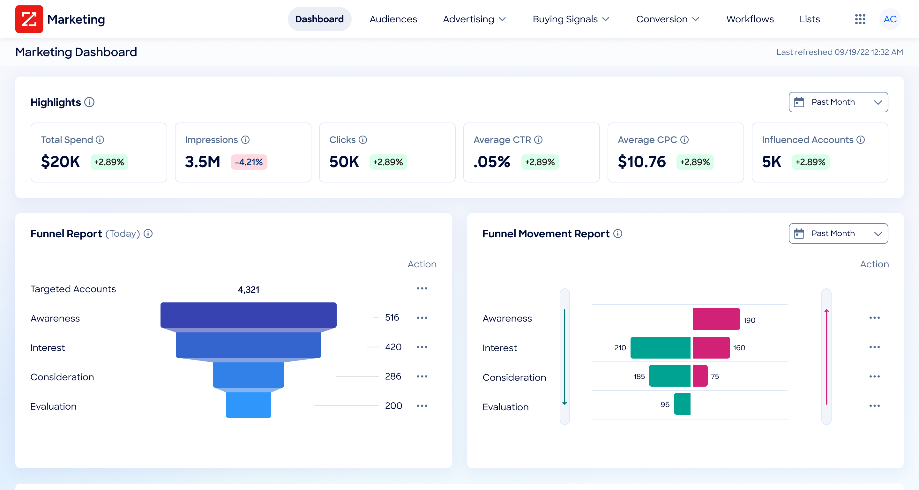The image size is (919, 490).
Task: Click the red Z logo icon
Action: [29, 19]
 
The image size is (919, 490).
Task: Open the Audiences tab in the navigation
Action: [393, 19]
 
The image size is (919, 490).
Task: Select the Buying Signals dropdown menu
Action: [571, 19]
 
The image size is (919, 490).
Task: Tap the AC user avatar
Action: [890, 19]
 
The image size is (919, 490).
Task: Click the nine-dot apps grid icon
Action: [860, 19]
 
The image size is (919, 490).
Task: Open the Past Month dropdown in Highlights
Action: [838, 102]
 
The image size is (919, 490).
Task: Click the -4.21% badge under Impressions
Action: [249, 162]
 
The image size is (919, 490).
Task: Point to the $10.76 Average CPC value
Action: [641, 161]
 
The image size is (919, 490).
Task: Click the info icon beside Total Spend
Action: [100, 140]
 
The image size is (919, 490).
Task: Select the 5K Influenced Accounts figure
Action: [771, 161]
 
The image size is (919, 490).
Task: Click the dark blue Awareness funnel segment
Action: [248, 315]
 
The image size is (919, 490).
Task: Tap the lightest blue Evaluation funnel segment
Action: [248, 405]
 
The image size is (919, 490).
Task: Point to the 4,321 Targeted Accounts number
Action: [248, 289]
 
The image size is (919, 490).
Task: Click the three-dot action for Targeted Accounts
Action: [422, 288]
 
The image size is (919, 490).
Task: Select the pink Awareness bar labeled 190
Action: [716, 319]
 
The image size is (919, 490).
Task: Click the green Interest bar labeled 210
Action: [660, 347]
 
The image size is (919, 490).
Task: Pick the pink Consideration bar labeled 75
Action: [700, 376]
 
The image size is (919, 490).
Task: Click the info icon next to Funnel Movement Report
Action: [617, 234]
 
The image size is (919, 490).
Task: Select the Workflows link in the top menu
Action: [750, 19]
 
